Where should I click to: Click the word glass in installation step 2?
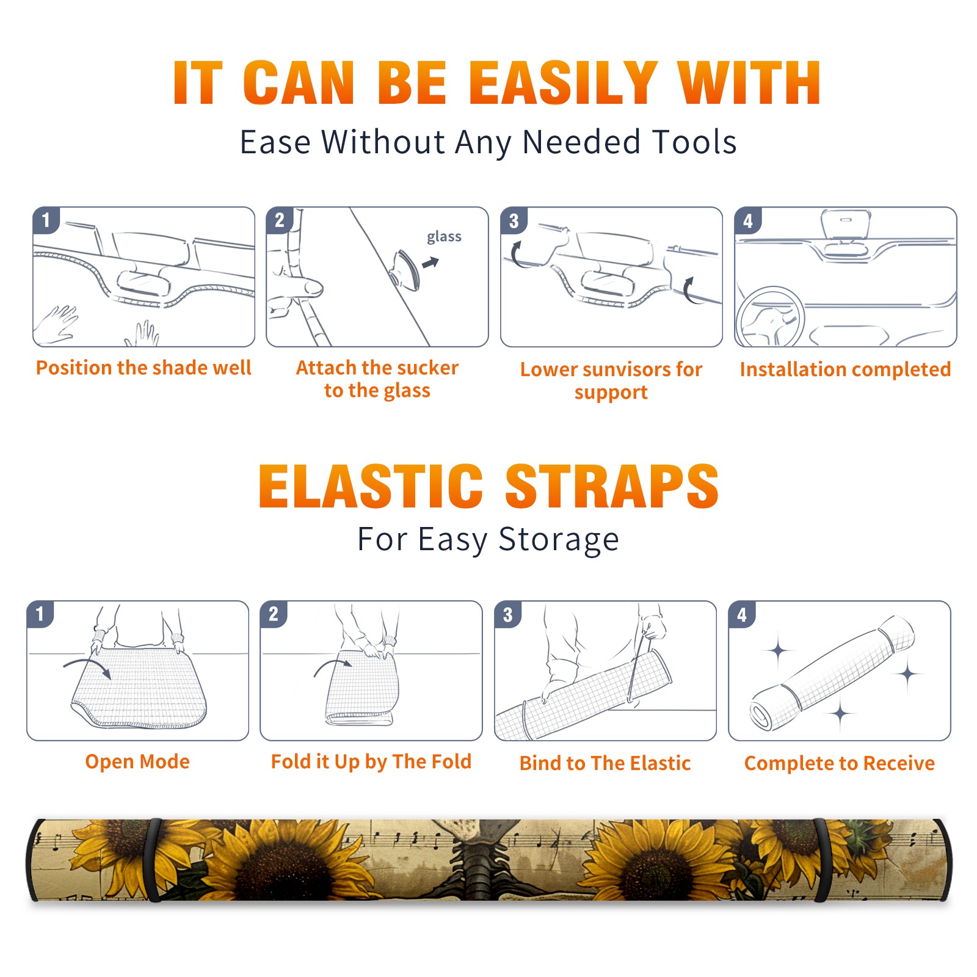pyautogui.click(x=444, y=237)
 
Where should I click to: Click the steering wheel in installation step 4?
pyautogui.click(x=769, y=317)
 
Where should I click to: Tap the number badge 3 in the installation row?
pyautogui.click(x=514, y=221)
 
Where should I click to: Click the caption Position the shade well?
pyautogui.click(x=143, y=368)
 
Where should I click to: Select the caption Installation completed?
pyautogui.click(x=845, y=369)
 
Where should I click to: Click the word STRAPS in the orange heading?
pyautogui.click(x=612, y=486)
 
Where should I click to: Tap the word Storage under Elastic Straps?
pyautogui.click(x=559, y=540)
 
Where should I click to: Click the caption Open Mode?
pyautogui.click(x=137, y=762)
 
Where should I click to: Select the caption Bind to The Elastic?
pyautogui.click(x=605, y=763)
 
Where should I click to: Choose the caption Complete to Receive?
pyautogui.click(x=840, y=763)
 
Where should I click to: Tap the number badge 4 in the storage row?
pyautogui.click(x=742, y=615)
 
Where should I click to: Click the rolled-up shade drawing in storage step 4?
pyautogui.click(x=832, y=672)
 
